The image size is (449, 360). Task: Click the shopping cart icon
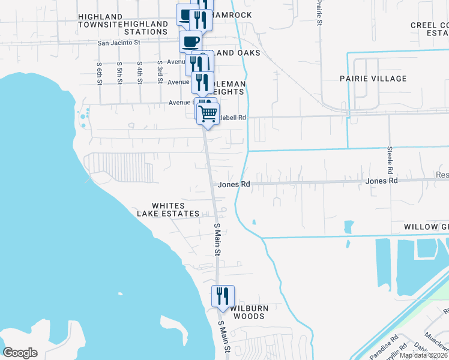(208, 113)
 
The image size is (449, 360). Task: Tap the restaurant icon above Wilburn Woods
(222, 295)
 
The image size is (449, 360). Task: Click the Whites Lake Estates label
(168, 209)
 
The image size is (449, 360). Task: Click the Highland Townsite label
(100, 20)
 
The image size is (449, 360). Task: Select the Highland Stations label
(146, 28)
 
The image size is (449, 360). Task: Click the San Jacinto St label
(118, 43)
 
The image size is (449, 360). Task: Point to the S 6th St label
(100, 72)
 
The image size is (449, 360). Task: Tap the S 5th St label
(120, 72)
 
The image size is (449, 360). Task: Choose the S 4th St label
(139, 72)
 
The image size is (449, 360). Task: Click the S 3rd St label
(160, 72)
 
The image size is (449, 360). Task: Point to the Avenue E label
(179, 103)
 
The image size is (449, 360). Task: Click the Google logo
(20, 353)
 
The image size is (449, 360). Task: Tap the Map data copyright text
(424, 355)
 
